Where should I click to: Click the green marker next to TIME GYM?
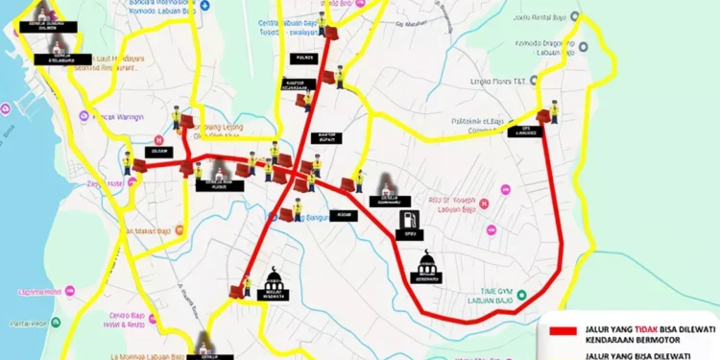521,295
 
